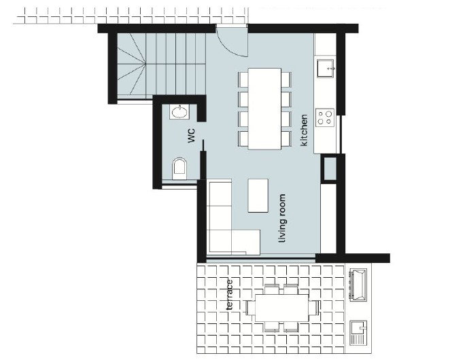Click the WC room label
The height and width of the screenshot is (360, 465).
[192, 135]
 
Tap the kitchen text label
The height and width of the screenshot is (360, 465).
[305, 130]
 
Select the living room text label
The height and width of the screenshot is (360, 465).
[282, 219]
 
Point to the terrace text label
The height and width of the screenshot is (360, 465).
[230, 295]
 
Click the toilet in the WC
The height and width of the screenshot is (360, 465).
[179, 167]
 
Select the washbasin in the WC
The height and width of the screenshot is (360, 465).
[180, 111]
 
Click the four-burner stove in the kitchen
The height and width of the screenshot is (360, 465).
[326, 118]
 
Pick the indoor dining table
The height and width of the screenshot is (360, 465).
[264, 109]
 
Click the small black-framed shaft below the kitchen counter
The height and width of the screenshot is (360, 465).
[329, 168]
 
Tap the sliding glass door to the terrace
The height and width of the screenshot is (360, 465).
[260, 258]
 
